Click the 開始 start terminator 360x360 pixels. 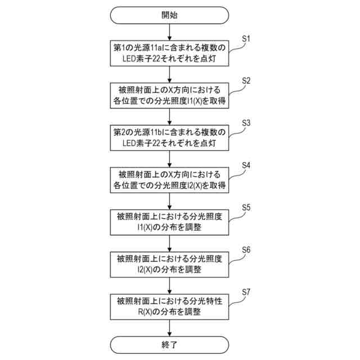click(x=169, y=15)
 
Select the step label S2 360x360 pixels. click(x=246, y=80)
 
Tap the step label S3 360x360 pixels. click(x=246, y=123)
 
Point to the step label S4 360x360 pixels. click(x=246, y=165)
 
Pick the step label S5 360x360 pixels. click(x=246, y=207)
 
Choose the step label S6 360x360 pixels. click(x=246, y=249)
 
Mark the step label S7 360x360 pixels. click(x=246, y=291)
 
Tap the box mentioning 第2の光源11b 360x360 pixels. click(x=169, y=138)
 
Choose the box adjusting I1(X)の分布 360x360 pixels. click(x=169, y=222)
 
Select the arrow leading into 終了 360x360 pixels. click(x=169, y=327)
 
